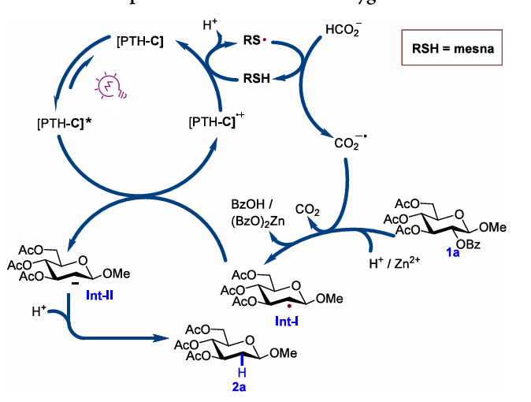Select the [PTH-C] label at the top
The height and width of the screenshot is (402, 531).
139,39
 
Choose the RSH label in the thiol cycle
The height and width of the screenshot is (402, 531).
254,78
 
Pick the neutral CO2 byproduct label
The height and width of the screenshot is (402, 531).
307,210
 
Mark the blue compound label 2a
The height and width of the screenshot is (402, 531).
243,386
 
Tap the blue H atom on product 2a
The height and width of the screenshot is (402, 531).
243,370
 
